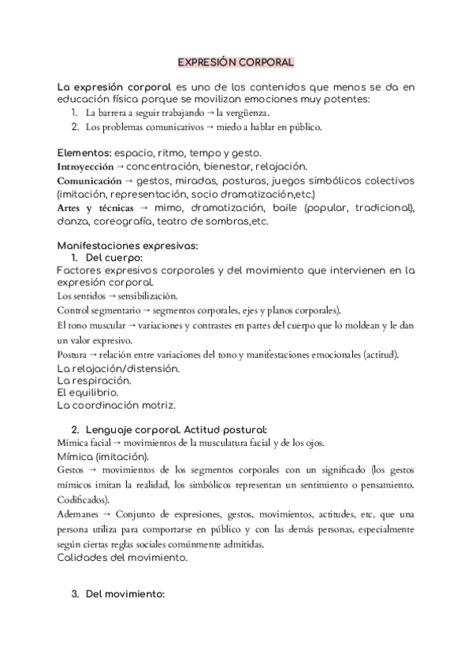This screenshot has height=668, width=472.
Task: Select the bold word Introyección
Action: pyautogui.click(x=85, y=167)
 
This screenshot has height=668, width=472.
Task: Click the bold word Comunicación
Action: pyautogui.click(x=89, y=181)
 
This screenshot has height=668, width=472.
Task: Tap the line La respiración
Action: pyautogui.click(x=95, y=380)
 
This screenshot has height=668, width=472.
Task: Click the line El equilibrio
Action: pyautogui.click(x=87, y=392)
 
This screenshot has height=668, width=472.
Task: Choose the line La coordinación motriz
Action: pyautogui.click(x=116, y=405)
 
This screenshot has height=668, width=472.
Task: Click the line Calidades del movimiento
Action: pyautogui.click(x=122, y=557)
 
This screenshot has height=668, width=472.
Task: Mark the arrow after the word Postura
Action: pyautogui.click(x=88, y=355)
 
